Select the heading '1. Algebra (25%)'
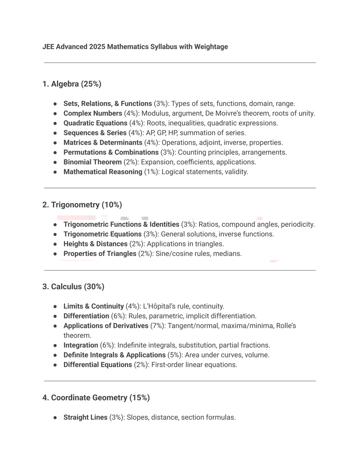coord(72,84)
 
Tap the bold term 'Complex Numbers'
coord(93,113)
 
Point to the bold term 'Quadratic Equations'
coord(95,123)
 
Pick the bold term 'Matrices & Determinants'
coord(103,143)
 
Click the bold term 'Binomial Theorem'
coord(92,162)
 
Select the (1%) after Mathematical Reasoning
coord(151,172)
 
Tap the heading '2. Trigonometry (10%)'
coord(82,205)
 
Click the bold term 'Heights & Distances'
coord(95,244)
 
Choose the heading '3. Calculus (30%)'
coord(73,287)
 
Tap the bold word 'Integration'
coord(81,345)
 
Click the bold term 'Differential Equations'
coord(98,365)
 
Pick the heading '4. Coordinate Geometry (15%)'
coord(96,398)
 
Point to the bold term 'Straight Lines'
coord(85,418)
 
